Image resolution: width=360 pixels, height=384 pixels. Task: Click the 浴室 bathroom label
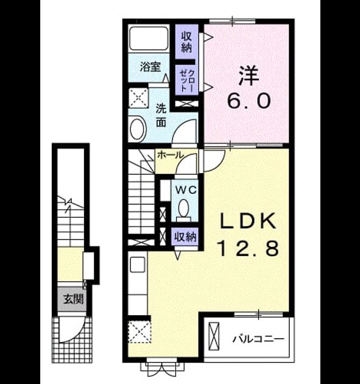(x=150, y=67)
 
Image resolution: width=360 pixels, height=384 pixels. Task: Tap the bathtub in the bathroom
(x=149, y=38)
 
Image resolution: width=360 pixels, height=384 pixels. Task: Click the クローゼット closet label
(x=187, y=80)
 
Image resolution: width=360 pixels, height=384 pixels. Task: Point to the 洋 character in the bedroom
(x=249, y=76)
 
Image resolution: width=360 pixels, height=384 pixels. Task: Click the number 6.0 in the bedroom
(x=249, y=101)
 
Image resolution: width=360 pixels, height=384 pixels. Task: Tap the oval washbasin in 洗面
(x=138, y=129)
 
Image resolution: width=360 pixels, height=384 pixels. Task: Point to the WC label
(x=186, y=190)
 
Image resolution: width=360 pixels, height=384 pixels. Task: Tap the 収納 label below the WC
(x=185, y=237)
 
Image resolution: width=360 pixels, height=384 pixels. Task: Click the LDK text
(x=249, y=221)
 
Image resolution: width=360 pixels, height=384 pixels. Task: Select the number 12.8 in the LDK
(x=249, y=248)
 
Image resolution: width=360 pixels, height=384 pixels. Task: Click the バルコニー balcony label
(x=258, y=339)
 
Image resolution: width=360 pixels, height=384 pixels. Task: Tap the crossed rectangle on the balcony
(x=214, y=336)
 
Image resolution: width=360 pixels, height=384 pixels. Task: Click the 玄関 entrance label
(x=74, y=299)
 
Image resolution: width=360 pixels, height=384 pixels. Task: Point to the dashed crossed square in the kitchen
(x=139, y=332)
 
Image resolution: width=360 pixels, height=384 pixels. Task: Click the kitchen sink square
(x=138, y=265)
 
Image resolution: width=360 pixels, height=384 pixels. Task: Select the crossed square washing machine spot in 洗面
(x=139, y=98)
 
